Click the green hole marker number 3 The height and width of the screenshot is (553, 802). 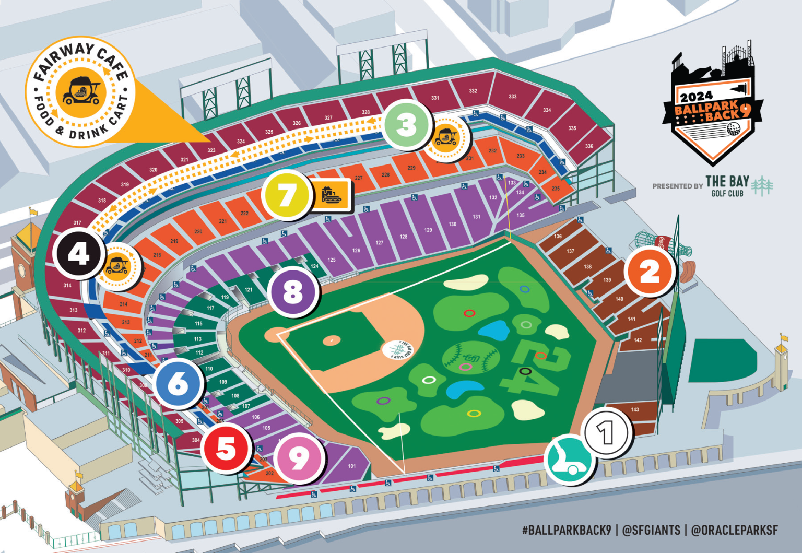click(x=407, y=125)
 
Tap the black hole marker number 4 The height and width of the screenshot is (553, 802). click(x=79, y=254)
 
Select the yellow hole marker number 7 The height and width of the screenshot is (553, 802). click(x=287, y=195)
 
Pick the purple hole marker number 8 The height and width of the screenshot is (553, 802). click(x=293, y=292)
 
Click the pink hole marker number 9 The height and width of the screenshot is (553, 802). click(x=299, y=458)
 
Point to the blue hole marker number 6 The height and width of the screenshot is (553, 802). click(x=178, y=384)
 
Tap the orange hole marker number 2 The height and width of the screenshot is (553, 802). click(x=650, y=272)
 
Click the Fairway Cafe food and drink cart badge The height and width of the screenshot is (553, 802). click(x=81, y=91)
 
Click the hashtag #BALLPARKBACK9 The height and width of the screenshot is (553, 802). click(x=566, y=530)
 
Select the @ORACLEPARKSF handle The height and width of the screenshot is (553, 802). click(x=734, y=530)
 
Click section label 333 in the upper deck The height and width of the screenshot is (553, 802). click(x=513, y=97)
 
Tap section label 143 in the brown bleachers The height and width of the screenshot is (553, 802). click(x=635, y=409)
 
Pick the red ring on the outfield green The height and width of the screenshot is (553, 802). click(x=469, y=313)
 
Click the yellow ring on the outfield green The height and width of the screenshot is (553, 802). click(x=474, y=414)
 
